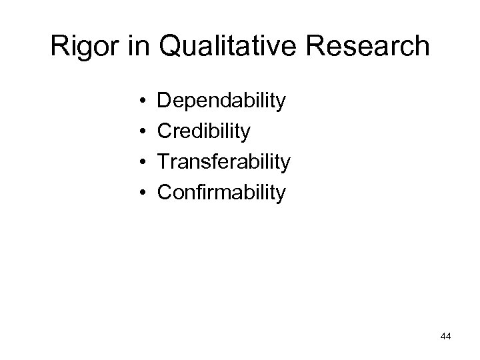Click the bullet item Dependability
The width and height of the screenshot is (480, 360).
[x=221, y=102]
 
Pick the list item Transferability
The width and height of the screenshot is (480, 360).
[x=224, y=162]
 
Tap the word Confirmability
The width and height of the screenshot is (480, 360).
[x=221, y=193]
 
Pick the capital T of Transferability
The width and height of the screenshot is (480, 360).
[x=163, y=162]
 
